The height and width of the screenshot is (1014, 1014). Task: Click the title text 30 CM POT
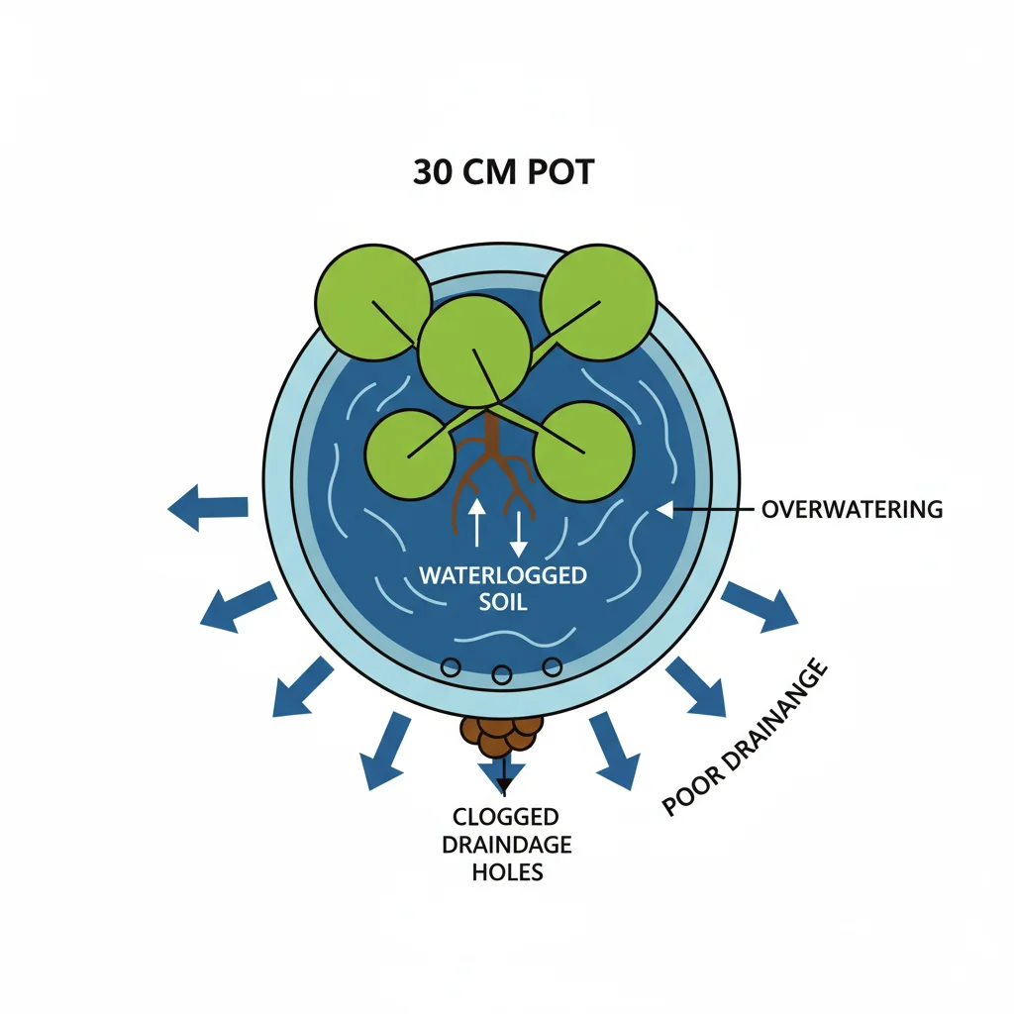click(x=503, y=172)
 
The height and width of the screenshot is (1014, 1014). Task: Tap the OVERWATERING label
click(x=852, y=510)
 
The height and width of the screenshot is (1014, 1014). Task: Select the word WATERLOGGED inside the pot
click(x=502, y=575)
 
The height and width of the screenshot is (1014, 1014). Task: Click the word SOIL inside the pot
click(x=502, y=601)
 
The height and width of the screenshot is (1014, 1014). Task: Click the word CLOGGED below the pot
click(x=505, y=817)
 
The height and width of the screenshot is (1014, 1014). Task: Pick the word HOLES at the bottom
click(x=505, y=872)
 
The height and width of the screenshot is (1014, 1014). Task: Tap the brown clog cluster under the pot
click(x=502, y=734)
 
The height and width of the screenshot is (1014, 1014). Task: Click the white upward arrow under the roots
click(x=476, y=521)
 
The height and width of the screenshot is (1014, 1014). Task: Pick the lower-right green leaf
click(x=583, y=452)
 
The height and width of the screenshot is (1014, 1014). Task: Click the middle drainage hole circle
click(x=502, y=675)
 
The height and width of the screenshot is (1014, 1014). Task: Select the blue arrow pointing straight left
click(x=208, y=506)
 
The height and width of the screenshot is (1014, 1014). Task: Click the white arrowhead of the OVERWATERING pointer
click(x=664, y=509)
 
